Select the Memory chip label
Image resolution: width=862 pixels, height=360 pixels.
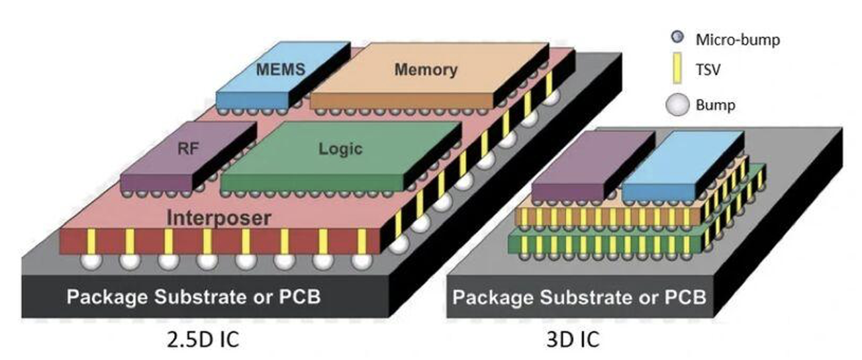(x=426, y=69)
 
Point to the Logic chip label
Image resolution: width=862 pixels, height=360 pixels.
(x=340, y=148)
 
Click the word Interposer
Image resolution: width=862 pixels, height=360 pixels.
(x=218, y=218)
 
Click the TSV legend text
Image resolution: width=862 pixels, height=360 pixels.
(x=706, y=71)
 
